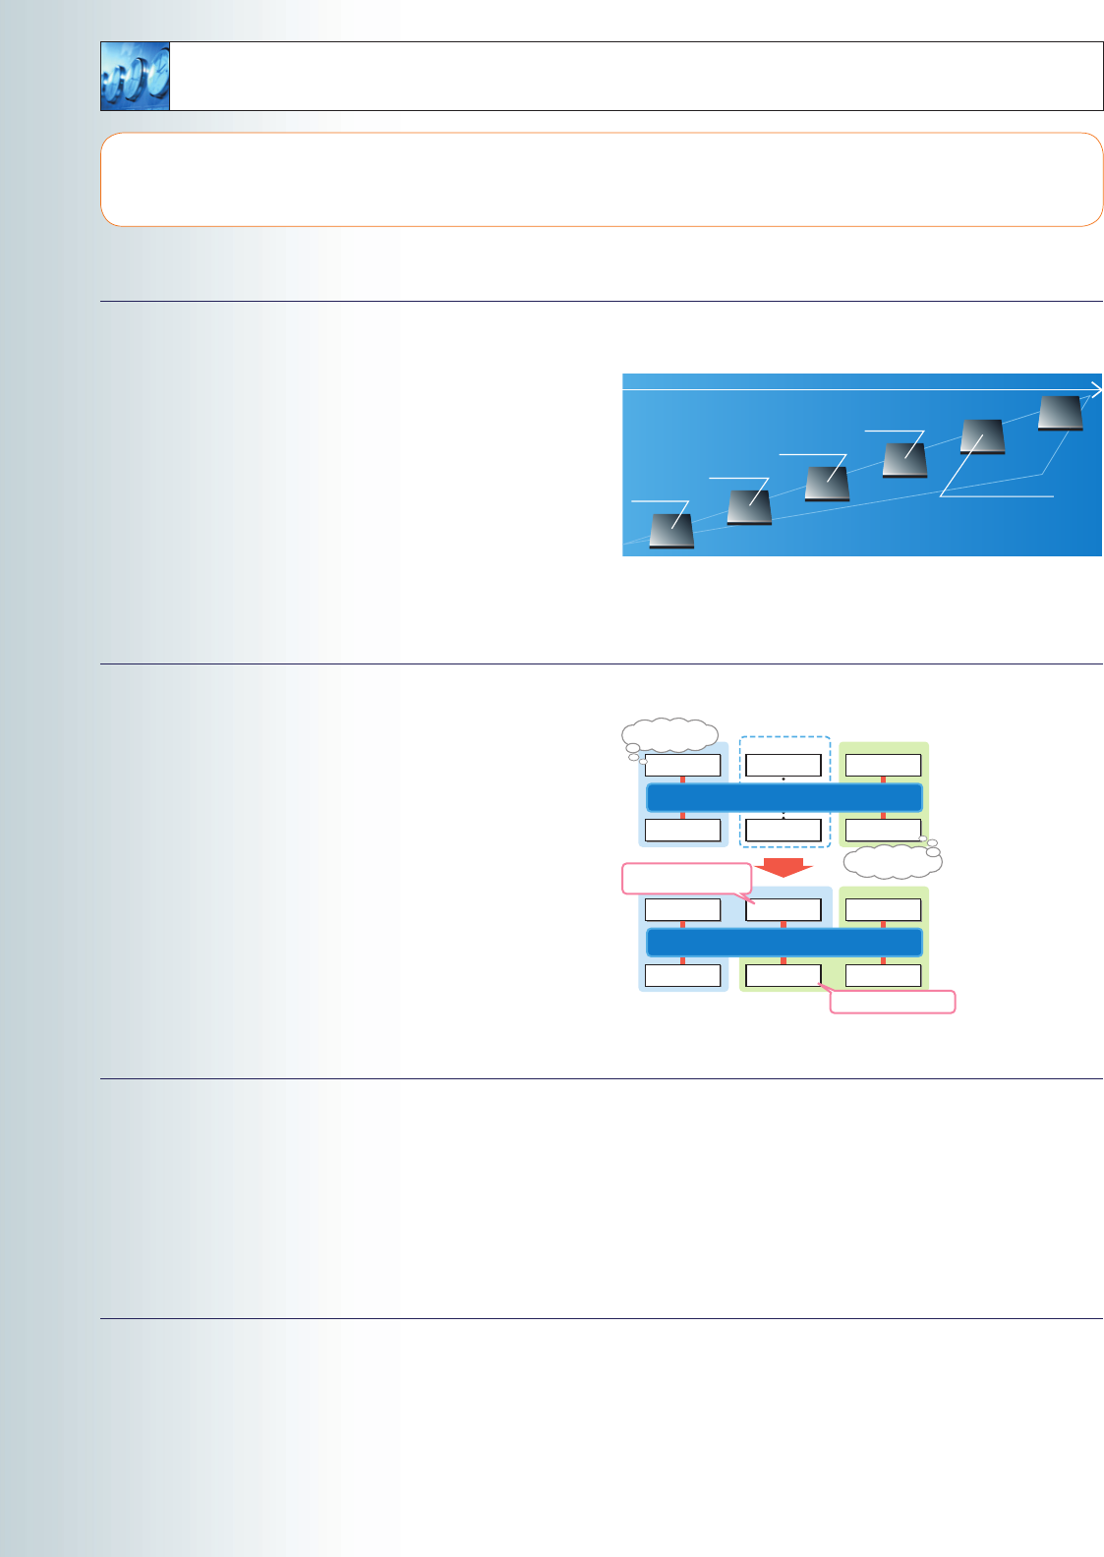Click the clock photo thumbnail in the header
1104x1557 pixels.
[136, 76]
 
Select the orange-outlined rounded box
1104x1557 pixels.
[602, 180]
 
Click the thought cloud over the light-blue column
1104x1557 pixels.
[669, 735]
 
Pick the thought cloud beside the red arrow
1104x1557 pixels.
[893, 862]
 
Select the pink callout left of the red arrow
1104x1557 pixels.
[686, 878]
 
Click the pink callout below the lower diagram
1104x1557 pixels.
[893, 1002]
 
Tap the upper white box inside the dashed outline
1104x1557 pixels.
[784, 765]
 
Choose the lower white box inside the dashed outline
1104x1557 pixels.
[784, 830]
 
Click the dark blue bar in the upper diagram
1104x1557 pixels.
[784, 797]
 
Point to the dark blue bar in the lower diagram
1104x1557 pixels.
[784, 943]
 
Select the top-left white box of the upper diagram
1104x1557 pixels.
[682, 765]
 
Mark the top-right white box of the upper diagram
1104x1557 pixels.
[883, 765]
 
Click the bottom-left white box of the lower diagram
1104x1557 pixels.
[682, 975]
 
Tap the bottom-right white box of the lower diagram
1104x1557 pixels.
[883, 975]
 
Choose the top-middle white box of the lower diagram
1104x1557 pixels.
[784, 909]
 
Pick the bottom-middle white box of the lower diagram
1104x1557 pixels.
[784, 975]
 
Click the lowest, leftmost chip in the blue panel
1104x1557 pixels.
[672, 531]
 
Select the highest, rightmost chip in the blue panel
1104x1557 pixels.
[1061, 413]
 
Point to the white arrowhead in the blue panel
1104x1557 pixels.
[1096, 390]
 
